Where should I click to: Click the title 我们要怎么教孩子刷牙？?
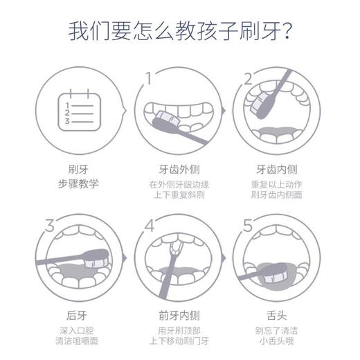pyautogui.click(x=180, y=32)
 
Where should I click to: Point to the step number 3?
pyautogui.click(x=49, y=225)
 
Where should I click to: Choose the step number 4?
pyautogui.click(x=147, y=226)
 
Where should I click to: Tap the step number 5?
pyautogui.click(x=248, y=226)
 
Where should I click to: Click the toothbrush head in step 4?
pyautogui.click(x=174, y=243)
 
